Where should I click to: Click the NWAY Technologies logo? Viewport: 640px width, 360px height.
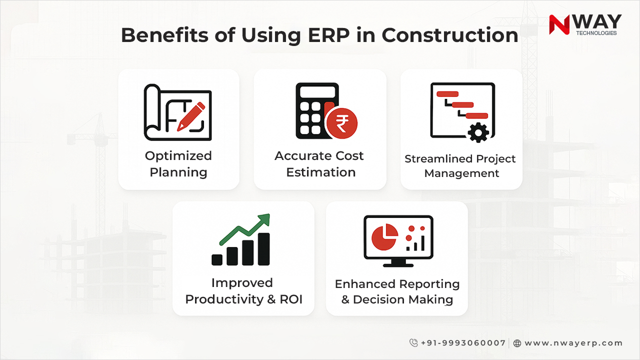(x=585, y=25)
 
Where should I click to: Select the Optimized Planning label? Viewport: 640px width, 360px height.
(x=178, y=164)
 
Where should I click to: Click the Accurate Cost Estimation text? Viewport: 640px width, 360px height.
(x=319, y=164)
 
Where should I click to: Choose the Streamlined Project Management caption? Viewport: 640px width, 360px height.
(x=460, y=166)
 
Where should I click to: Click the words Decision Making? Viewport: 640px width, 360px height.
(x=403, y=300)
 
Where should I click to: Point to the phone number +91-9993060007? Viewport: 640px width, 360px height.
(x=463, y=343)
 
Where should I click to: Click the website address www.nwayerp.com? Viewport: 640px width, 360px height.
(x=573, y=343)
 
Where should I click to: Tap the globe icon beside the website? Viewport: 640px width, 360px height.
(x=517, y=343)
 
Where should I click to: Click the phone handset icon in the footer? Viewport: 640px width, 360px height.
(x=413, y=343)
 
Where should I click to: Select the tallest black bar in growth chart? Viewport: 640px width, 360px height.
(x=263, y=249)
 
